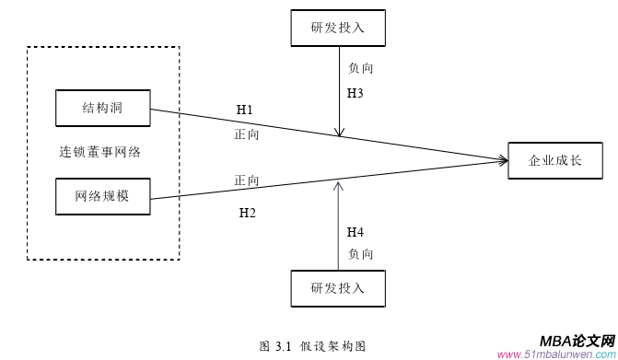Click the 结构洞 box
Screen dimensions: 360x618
tap(102, 108)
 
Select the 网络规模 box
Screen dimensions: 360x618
tap(102, 197)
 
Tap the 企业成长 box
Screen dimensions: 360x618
tap(554, 160)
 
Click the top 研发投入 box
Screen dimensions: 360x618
tap(338, 28)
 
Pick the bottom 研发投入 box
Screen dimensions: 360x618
tap(338, 288)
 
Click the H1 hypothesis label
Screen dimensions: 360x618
tap(245, 110)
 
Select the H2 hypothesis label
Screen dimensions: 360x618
tap(247, 214)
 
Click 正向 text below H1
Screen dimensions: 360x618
tap(246, 134)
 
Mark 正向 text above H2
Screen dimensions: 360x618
tap(246, 180)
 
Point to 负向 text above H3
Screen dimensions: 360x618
tap(360, 68)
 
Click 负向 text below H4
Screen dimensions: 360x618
tap(360, 253)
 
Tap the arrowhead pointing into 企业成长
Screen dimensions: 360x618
tap(502, 161)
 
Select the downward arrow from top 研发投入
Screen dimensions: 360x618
tap(340, 92)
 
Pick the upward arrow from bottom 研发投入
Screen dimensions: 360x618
tap(340, 226)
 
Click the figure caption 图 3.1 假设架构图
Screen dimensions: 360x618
tap(313, 346)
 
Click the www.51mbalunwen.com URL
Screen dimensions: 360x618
tap(557, 354)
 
